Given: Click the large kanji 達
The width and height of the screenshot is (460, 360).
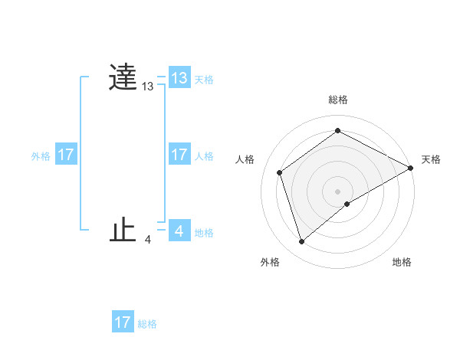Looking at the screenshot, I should click(123, 77).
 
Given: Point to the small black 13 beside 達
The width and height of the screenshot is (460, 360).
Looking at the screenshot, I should click(147, 87).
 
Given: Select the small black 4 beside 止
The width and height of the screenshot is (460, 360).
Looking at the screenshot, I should click(147, 240).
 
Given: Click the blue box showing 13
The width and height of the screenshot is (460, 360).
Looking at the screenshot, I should click(179, 78).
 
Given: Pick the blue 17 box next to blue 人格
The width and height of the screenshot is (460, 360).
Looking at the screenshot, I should click(179, 155).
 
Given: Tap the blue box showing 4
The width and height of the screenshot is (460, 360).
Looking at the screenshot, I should click(179, 231).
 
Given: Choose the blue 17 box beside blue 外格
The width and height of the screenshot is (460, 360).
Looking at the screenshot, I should click(66, 155).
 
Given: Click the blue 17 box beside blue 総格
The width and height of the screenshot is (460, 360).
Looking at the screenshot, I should click(123, 322).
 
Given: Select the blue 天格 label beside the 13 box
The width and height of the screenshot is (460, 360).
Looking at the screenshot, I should click(204, 79).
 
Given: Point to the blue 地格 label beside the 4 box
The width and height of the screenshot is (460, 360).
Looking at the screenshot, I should click(204, 232).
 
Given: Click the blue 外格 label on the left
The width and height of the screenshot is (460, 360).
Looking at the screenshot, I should click(41, 155).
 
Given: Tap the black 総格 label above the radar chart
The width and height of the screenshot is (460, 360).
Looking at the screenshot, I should click(338, 100).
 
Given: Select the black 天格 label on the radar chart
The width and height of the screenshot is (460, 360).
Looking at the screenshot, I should click(432, 159).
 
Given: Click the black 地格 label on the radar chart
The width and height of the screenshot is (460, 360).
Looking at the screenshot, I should click(402, 262).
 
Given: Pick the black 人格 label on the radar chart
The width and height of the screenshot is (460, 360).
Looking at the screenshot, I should click(245, 159).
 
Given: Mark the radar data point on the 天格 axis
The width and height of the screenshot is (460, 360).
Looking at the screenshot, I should click(411, 168).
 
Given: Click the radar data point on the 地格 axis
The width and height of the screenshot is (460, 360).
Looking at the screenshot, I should click(347, 204).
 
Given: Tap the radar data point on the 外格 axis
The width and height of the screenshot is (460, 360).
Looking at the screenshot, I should click(301, 242).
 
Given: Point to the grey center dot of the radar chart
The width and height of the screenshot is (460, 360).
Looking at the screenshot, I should click(338, 191).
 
